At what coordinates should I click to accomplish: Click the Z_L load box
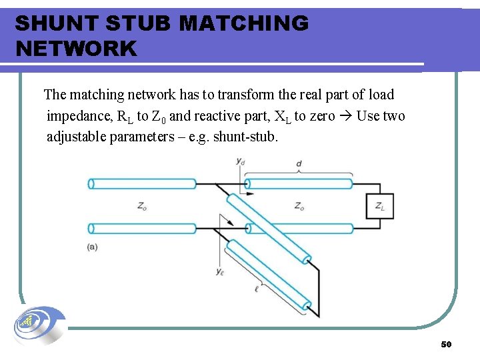380,207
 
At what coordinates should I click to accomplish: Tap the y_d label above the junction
239,161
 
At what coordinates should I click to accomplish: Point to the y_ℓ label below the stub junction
219,271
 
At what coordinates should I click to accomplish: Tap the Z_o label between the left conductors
142,207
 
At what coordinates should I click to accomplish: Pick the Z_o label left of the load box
299,207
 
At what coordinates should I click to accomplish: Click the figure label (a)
92,247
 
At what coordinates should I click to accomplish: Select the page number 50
446,344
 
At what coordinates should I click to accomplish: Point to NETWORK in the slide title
75,49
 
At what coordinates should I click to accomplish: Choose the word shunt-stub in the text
244,137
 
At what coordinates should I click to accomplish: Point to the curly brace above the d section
299,172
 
